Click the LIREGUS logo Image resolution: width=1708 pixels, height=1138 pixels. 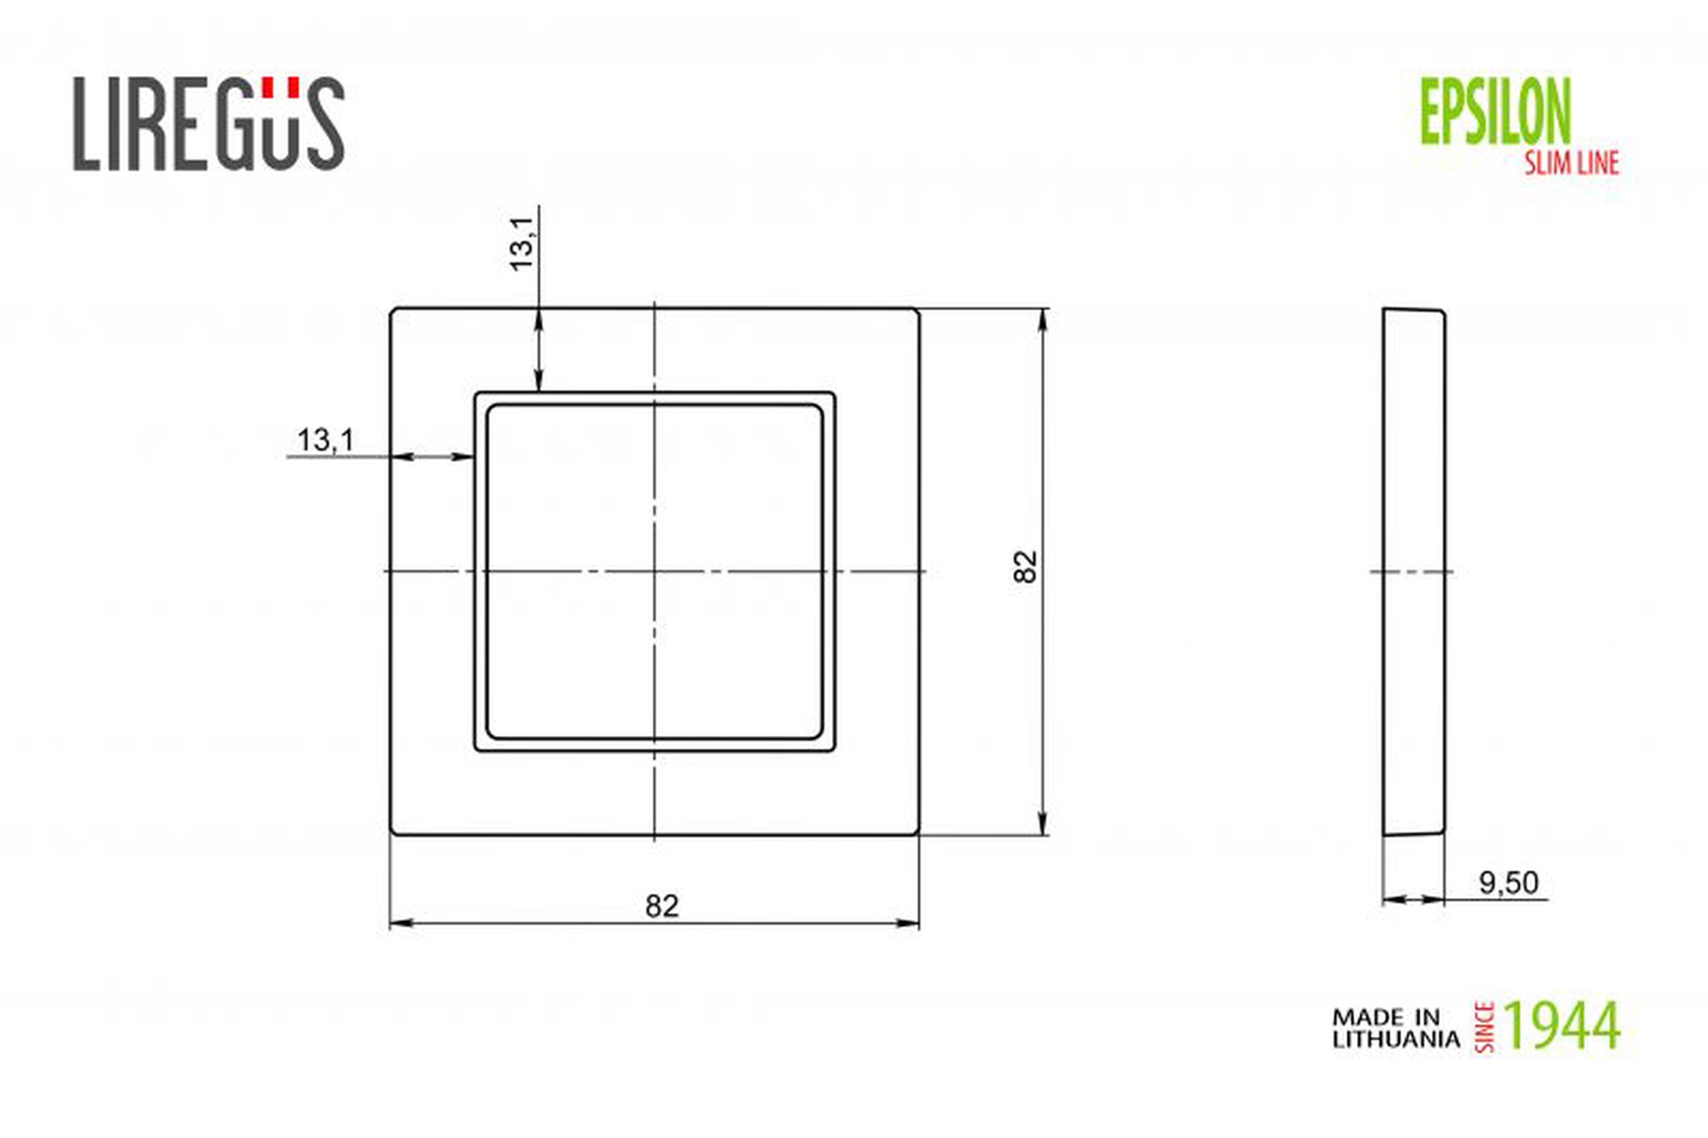[x=208, y=123]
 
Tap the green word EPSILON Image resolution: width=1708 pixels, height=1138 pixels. [x=1494, y=111]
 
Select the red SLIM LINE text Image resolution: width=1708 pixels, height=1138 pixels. [x=1571, y=162]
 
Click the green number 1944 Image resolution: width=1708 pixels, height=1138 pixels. [x=1561, y=1025]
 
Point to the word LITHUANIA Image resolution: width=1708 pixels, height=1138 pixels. [x=1396, y=1039]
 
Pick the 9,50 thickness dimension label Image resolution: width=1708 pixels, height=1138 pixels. [x=1508, y=882]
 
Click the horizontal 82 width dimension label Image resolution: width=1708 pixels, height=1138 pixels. [x=662, y=906]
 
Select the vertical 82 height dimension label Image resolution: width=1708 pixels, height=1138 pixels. [x=1025, y=567]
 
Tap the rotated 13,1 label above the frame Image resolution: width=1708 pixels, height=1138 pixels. [x=521, y=244]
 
